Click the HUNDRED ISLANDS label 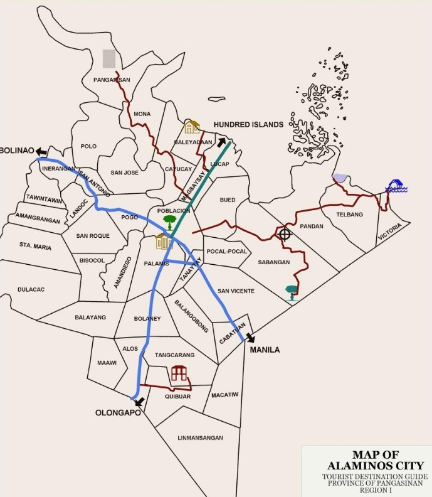[x=248, y=125]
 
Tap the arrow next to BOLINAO [x=41, y=151]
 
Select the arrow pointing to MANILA [x=250, y=338]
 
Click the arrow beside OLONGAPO [x=139, y=402]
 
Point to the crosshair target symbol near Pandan [x=285, y=234]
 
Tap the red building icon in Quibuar [x=180, y=373]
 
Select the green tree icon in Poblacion [x=169, y=222]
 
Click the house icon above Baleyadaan [x=191, y=127]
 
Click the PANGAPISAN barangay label [x=112, y=80]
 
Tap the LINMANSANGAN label [x=200, y=438]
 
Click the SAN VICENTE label [x=236, y=291]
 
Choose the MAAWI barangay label [x=107, y=363]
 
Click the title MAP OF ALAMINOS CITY [x=367, y=460]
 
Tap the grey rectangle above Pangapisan [x=109, y=58]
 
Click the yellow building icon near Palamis [x=164, y=241]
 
